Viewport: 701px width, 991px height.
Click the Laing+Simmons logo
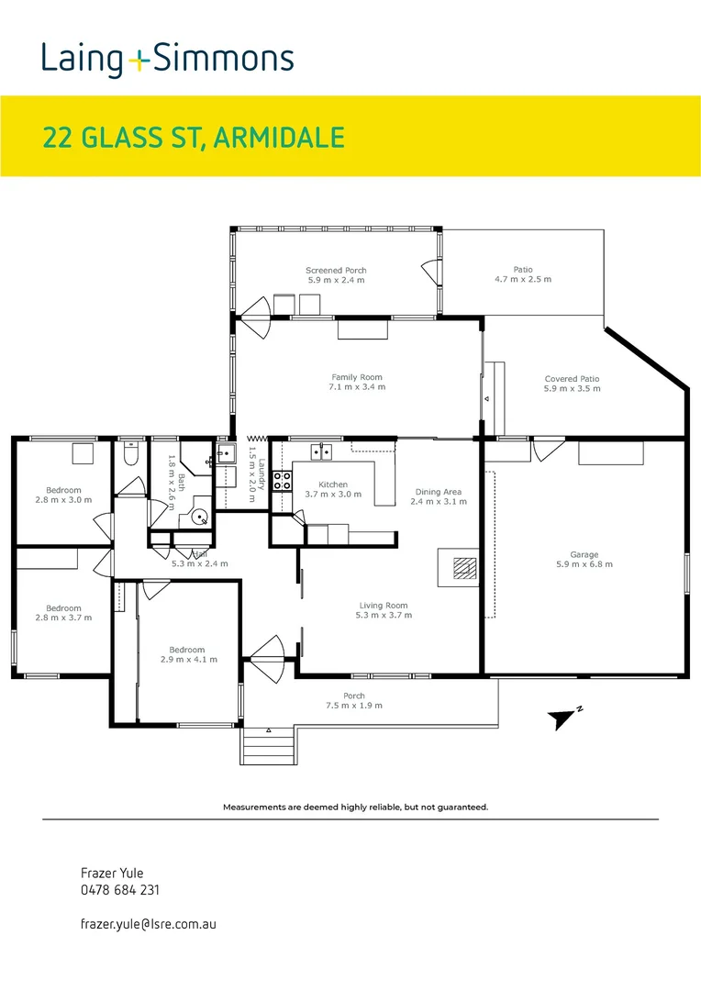(x=167, y=60)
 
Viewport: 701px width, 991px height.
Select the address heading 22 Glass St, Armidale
(x=194, y=138)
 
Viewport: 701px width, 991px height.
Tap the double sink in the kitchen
(x=320, y=451)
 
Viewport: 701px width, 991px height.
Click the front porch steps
(x=268, y=744)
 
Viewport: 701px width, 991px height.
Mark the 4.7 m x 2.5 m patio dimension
(x=523, y=279)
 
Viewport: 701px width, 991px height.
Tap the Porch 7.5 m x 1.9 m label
(x=354, y=701)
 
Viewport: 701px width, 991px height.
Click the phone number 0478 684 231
(x=121, y=889)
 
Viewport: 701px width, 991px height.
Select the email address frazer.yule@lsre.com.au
(x=148, y=925)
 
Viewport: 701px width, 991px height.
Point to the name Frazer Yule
(x=113, y=873)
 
